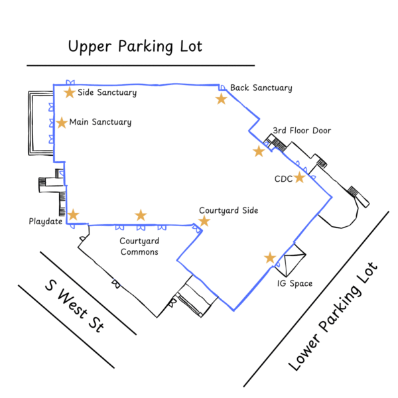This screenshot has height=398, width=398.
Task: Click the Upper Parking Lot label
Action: point(135,46)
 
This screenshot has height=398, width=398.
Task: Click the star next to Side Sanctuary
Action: point(70,92)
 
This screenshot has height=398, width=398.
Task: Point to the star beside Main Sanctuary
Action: point(62,123)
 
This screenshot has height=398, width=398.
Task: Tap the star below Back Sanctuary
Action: point(221,99)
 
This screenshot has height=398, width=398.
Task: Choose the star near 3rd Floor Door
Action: point(259,151)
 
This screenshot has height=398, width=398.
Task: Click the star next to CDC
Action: point(300,178)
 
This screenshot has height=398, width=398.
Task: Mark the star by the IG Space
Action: point(270,257)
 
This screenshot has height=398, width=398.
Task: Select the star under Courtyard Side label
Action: point(204,221)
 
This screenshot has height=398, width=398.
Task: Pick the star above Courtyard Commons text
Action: point(141,215)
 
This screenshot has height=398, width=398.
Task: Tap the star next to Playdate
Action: point(73,215)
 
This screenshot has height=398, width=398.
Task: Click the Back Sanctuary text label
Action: point(261,88)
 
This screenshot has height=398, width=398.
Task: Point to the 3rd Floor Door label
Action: point(302,131)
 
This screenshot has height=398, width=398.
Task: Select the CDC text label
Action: point(283,179)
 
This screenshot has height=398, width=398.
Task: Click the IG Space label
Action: point(295,284)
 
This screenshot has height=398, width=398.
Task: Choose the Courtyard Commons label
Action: point(139,246)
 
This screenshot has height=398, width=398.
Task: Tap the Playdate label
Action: point(45,221)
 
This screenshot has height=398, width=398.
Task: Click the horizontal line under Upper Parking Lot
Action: point(141,66)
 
